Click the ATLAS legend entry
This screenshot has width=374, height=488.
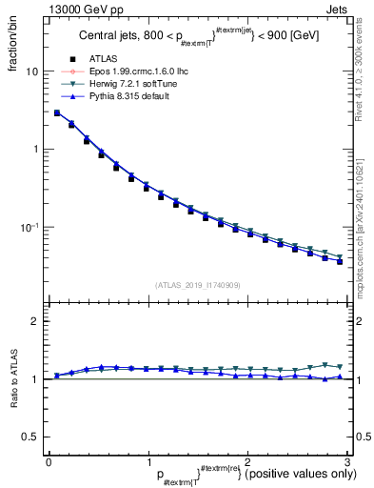[x=101, y=59]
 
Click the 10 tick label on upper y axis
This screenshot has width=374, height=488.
[x=30, y=71]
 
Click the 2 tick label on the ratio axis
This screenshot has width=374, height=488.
[x=34, y=321]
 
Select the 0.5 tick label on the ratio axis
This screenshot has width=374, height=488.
[x=30, y=437]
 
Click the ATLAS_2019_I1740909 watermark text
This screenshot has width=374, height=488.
[x=197, y=285]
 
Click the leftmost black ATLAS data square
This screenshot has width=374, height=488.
[x=57, y=113]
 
